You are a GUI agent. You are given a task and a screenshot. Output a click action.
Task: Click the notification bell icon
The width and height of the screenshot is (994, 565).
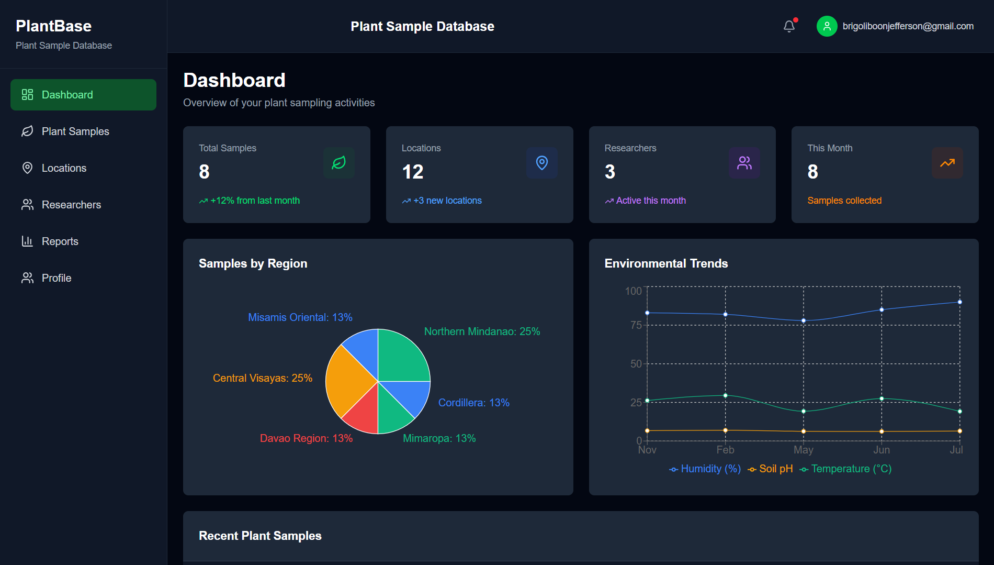[x=789, y=26]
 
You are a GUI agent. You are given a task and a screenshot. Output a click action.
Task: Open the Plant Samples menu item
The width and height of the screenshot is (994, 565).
[x=75, y=131]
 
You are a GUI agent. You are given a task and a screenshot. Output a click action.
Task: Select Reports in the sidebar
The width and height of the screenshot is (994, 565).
[x=60, y=241]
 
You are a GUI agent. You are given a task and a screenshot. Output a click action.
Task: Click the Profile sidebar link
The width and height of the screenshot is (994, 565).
[x=56, y=278]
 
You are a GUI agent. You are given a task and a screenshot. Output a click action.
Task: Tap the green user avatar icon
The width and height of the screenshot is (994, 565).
[x=827, y=26]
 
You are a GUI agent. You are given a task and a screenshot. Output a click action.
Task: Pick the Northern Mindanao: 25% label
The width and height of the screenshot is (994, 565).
[x=482, y=331]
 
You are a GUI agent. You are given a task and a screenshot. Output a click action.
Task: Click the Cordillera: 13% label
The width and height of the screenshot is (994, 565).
[x=473, y=403]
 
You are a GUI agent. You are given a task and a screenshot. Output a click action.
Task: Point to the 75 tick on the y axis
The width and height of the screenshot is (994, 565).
[x=636, y=325]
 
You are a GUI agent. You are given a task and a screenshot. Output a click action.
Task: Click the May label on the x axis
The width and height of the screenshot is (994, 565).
[x=803, y=450]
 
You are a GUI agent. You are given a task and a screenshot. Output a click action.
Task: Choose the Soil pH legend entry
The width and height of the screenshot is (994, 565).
[x=771, y=469]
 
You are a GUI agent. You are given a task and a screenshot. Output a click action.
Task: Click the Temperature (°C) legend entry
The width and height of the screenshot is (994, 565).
[x=846, y=469]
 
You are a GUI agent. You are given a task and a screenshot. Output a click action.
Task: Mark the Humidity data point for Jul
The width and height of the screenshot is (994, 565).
[x=959, y=302]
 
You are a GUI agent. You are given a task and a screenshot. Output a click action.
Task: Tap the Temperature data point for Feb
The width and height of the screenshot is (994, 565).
[x=725, y=395]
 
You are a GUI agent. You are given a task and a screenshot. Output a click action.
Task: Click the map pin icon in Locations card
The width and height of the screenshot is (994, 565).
[x=541, y=163]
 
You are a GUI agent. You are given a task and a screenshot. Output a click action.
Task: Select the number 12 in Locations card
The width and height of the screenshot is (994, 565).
[x=412, y=172]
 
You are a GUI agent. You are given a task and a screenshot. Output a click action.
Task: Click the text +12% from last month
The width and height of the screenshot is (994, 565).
[x=255, y=201]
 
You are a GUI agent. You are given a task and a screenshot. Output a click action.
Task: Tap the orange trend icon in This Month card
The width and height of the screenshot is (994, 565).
[x=947, y=163]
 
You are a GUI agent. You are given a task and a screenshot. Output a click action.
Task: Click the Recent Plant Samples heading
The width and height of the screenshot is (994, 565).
[x=260, y=536]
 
